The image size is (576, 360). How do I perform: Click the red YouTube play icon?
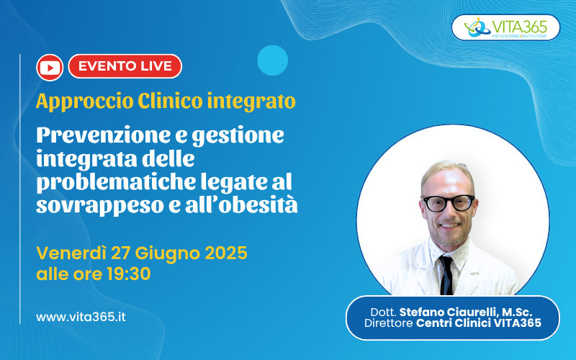[50, 68]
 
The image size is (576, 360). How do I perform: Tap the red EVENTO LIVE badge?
[125, 66]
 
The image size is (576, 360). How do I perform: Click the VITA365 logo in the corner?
[505, 27]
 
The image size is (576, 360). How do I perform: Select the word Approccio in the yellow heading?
[85, 102]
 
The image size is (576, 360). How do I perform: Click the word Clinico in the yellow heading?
[170, 101]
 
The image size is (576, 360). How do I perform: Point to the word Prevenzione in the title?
[104, 135]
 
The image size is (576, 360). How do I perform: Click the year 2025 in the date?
[226, 253]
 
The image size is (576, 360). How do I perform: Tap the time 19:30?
[129, 274]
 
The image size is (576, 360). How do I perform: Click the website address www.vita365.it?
[81, 317]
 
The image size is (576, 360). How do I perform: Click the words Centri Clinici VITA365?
[479, 323]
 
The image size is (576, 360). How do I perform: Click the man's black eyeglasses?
[448, 203]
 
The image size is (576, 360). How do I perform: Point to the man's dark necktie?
[446, 275]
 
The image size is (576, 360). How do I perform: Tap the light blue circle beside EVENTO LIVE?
[273, 60]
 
